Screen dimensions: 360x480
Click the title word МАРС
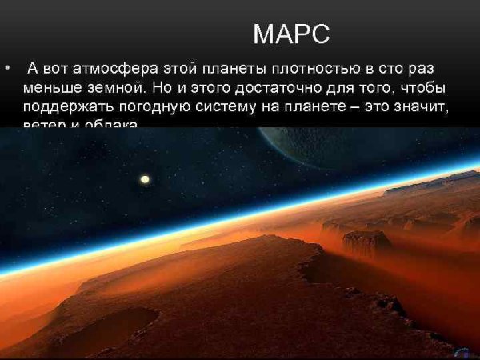(x=290, y=34)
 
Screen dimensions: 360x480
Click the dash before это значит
(x=352, y=106)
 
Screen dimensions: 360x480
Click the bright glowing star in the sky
(x=145, y=179)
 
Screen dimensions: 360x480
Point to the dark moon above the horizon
(x=320, y=148)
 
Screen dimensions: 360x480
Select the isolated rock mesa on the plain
(x=366, y=241)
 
